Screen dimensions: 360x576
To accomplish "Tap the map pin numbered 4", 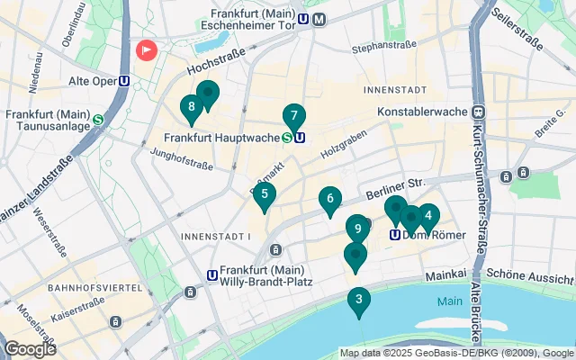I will (x=427, y=216).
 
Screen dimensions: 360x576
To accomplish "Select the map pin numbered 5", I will (x=264, y=194).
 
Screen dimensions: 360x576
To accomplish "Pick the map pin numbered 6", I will (x=330, y=199).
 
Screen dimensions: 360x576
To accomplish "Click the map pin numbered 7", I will (x=293, y=117).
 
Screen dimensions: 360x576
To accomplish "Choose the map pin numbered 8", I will (x=191, y=109).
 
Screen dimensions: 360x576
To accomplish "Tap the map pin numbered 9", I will (x=357, y=229).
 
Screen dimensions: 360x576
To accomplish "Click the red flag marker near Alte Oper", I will (x=145, y=49).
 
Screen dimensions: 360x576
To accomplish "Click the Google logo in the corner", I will (x=31, y=348).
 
